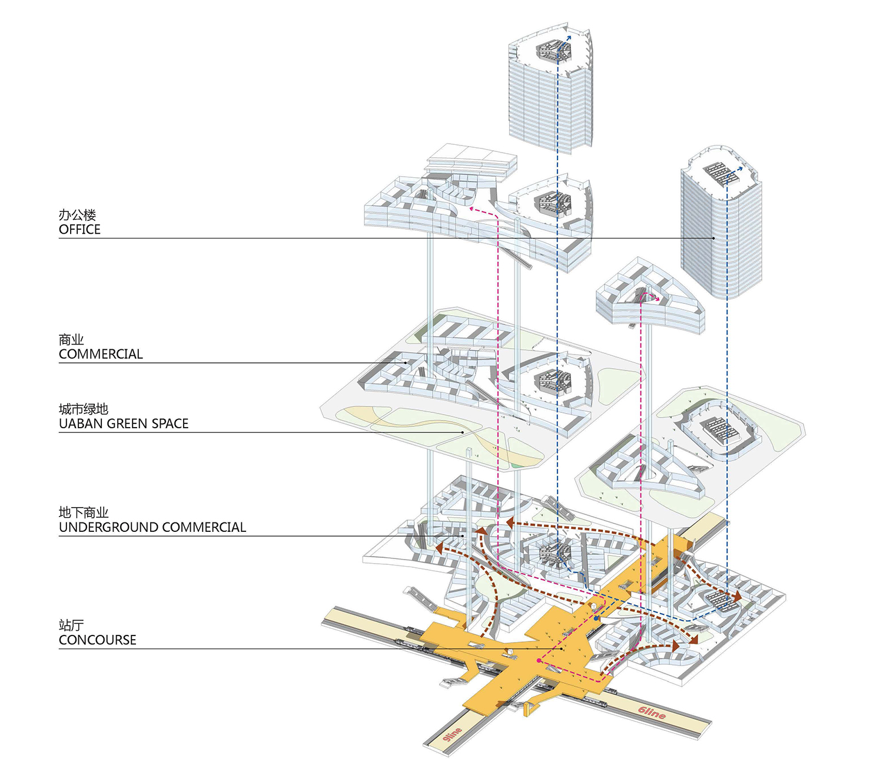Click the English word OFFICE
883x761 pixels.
click(x=79, y=230)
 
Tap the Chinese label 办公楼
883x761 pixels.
click(x=77, y=215)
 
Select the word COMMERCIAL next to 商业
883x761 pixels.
click(x=101, y=354)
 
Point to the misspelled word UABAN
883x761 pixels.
click(x=81, y=424)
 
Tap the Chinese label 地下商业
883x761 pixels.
click(x=84, y=512)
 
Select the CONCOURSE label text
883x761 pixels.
click(x=97, y=640)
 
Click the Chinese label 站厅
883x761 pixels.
click(x=71, y=626)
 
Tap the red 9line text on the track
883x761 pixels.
click(x=452, y=734)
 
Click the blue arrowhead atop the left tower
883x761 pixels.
click(x=569, y=37)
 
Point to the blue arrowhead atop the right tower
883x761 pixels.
click(x=740, y=168)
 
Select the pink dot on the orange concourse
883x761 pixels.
click(x=539, y=661)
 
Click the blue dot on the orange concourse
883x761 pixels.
click(x=597, y=619)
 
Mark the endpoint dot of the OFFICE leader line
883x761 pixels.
click(x=713, y=238)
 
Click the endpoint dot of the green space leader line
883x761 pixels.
click(x=463, y=432)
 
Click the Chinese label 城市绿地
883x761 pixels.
click(x=84, y=409)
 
